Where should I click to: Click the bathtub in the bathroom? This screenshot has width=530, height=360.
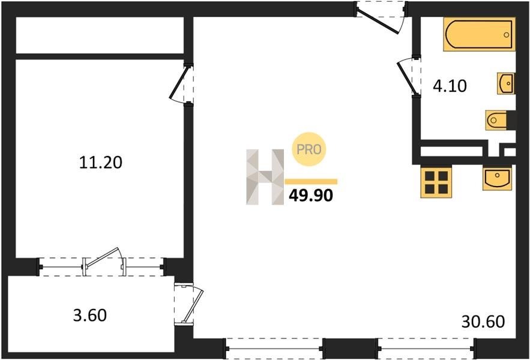[480, 34]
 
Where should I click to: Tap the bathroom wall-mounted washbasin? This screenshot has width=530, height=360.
[506, 83]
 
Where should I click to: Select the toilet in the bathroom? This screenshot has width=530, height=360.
[497, 120]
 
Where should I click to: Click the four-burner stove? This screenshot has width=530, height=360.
[436, 182]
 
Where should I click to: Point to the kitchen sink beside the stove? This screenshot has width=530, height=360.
[497, 178]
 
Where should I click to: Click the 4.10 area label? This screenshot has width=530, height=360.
[450, 86]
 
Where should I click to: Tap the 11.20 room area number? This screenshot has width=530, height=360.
[101, 162]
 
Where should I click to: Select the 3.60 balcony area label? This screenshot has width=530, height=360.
[90, 315]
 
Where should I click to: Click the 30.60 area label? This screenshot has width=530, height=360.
[483, 322]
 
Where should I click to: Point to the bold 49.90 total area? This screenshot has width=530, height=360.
[311, 196]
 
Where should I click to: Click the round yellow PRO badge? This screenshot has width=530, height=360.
[309, 149]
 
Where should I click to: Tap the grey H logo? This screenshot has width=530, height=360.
[265, 177]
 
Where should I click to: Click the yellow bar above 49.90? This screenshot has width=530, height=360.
[311, 182]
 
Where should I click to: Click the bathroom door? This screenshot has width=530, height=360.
[406, 76]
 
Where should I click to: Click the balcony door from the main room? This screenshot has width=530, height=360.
[190, 304]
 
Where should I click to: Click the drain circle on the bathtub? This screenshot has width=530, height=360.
[507, 35]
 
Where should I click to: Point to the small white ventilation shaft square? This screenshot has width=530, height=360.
[510, 152]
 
